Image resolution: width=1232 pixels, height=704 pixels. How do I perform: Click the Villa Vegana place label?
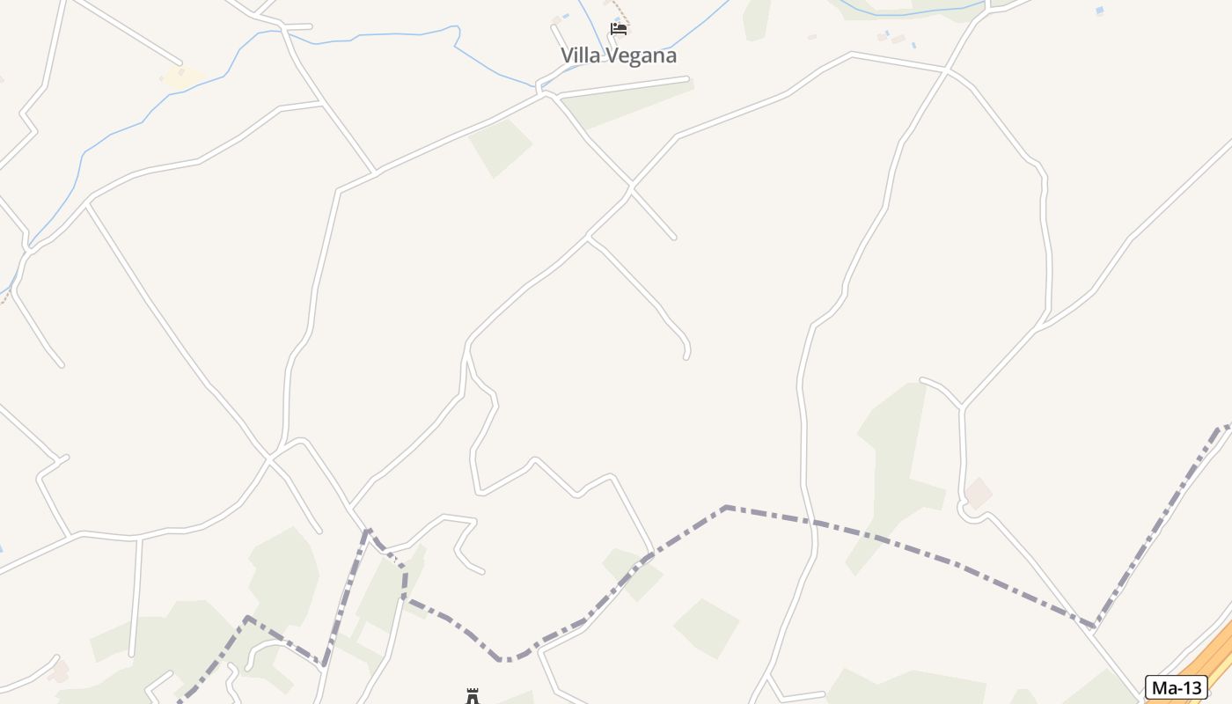(619, 55)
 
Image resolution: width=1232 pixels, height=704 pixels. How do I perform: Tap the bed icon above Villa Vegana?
(619, 28)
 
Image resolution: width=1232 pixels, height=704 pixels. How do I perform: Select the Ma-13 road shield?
(1176, 687)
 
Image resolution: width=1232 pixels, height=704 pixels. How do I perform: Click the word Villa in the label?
(579, 55)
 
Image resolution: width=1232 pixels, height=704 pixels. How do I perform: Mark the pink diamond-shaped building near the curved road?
(978, 493)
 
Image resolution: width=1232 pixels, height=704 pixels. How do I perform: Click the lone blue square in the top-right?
(1099, 11)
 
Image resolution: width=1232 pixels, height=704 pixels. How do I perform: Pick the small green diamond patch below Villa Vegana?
(500, 146)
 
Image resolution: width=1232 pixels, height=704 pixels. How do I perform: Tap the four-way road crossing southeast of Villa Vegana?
(631, 187)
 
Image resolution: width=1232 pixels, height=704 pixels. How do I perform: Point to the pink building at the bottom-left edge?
(58, 672)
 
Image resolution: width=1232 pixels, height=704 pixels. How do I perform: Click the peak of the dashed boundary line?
(726, 507)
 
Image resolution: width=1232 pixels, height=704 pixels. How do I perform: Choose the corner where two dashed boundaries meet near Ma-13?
(1094, 627)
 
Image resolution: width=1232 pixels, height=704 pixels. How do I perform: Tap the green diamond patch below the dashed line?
(706, 627)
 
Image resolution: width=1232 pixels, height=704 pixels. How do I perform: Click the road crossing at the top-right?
(947, 70)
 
